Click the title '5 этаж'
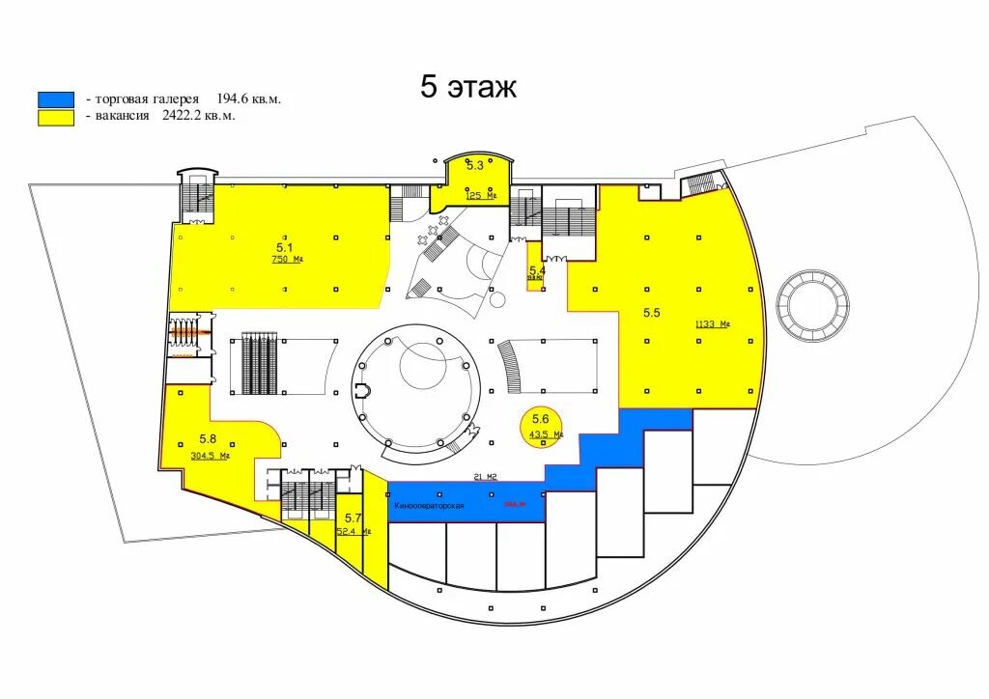click(468, 87)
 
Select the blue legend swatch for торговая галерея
click(56, 99)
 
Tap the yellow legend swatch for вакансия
click(56, 116)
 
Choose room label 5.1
click(284, 246)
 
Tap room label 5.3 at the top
click(474, 165)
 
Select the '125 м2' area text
click(480, 195)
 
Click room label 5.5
click(652, 313)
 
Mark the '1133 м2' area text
click(711, 324)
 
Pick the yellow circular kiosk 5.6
click(540, 425)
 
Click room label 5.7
click(353, 518)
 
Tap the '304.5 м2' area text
click(210, 456)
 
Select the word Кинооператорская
click(430, 506)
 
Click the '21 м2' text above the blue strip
click(484, 476)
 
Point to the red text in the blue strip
click(515, 504)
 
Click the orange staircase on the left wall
click(189, 332)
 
